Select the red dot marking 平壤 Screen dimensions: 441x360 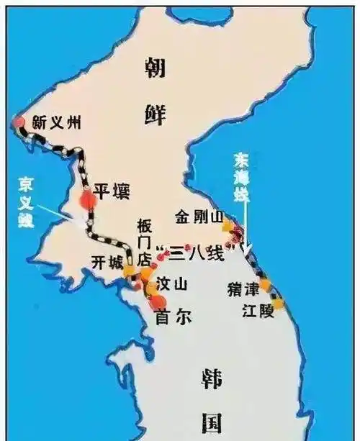88,199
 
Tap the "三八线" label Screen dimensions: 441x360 192,253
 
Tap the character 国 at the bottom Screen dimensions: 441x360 211,422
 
